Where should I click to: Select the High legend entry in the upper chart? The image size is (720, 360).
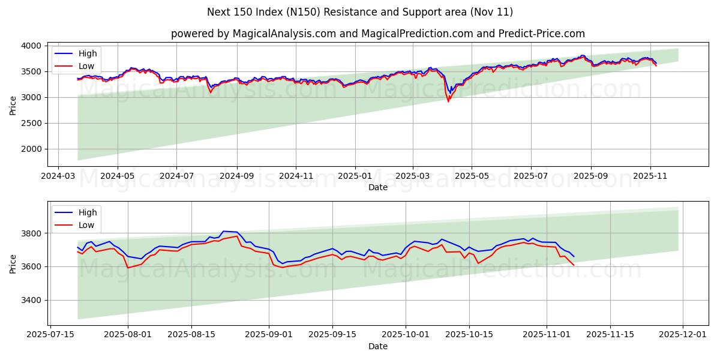click(88, 53)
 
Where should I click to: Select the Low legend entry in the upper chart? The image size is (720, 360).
click(86, 66)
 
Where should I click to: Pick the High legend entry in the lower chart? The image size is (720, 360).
click(88, 212)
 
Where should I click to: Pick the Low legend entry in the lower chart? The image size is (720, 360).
click(86, 225)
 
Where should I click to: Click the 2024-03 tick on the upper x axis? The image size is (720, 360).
click(58, 177)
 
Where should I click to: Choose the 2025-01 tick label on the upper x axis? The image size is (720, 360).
click(355, 177)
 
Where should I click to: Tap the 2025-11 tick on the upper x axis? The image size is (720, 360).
click(650, 177)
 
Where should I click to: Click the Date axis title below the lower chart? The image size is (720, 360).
click(378, 346)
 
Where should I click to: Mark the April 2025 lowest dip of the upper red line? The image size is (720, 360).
click(448, 101)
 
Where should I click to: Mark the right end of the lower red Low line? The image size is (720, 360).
click(574, 265)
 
